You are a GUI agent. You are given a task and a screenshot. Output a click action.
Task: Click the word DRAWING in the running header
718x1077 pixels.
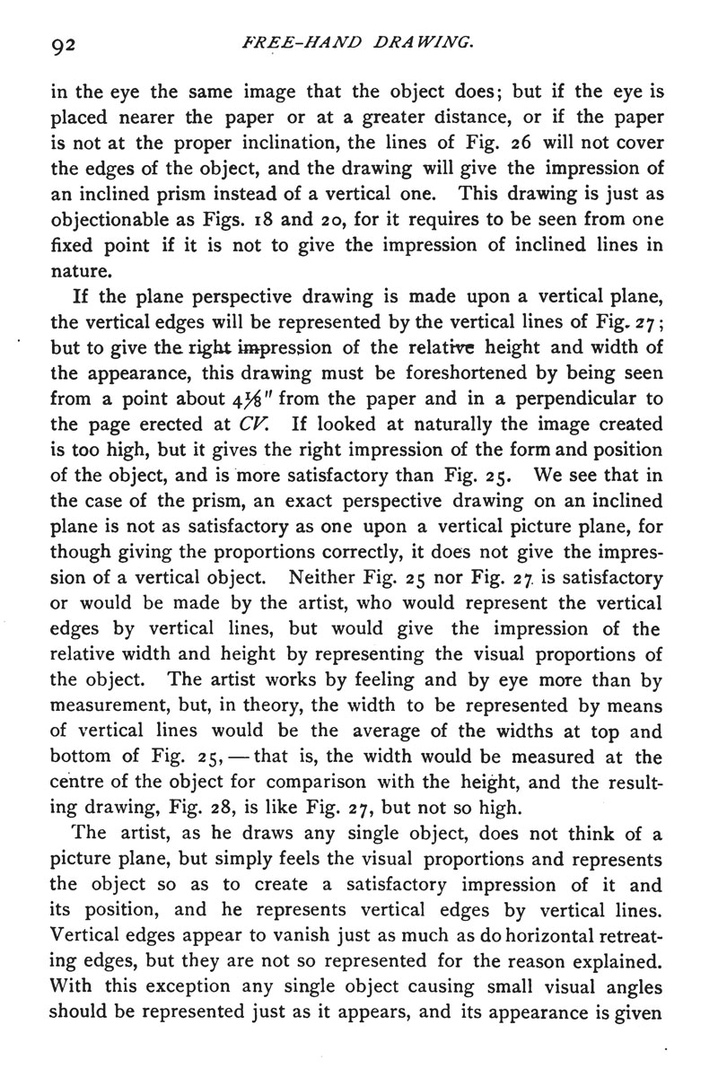click(x=422, y=41)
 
